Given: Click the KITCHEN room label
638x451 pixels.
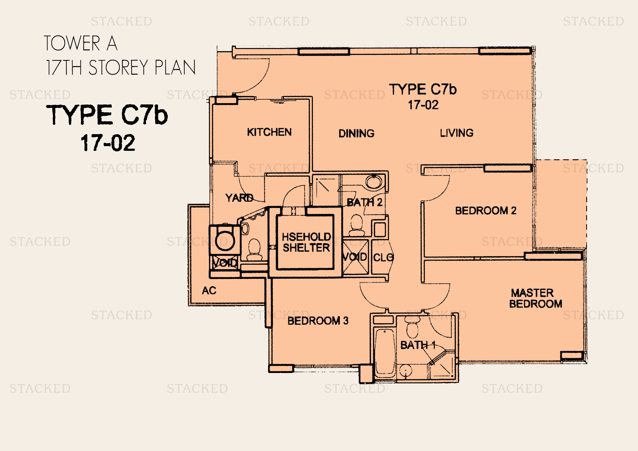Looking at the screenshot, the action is (269, 132).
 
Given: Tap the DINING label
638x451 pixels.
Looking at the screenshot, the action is (357, 133).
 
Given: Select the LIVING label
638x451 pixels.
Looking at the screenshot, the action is (457, 133).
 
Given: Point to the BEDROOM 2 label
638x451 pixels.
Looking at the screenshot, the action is (486, 211).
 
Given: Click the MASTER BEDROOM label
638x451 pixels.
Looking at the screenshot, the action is (535, 298).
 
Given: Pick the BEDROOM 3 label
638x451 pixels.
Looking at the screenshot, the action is (318, 321).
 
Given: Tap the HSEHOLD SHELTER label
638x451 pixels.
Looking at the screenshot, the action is (306, 242).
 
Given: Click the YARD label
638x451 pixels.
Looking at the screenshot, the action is (239, 198).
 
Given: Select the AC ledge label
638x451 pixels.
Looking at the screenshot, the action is (209, 290).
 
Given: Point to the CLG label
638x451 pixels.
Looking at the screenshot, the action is (383, 257).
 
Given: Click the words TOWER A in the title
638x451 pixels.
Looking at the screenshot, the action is (80, 43).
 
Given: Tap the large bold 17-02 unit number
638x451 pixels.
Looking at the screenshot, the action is (108, 143).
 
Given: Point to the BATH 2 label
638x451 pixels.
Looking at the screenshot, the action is (365, 202).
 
